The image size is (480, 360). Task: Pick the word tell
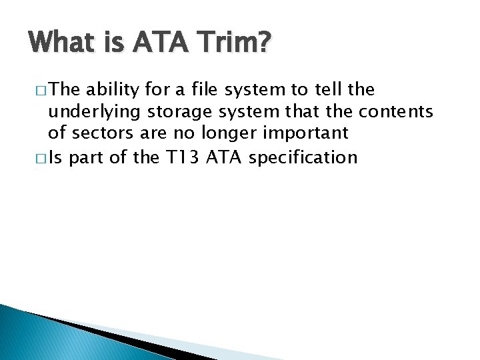click(321, 90)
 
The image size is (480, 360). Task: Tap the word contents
click(396, 111)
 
